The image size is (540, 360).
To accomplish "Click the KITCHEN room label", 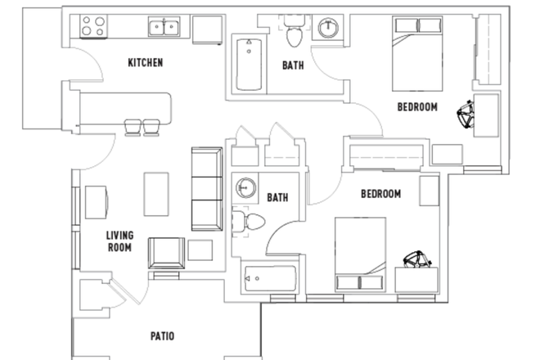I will (146, 62).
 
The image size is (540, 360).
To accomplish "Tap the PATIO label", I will (161, 335).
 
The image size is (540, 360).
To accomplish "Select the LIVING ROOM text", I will (119, 241).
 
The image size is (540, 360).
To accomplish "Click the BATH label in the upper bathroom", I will (293, 65).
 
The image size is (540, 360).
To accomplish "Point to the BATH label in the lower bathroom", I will (277, 197).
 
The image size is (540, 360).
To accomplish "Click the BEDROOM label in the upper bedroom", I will (416, 106).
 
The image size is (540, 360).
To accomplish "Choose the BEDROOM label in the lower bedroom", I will (380, 194).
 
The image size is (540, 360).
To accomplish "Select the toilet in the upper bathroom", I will (294, 34).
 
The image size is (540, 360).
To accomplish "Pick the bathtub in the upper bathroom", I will (250, 65).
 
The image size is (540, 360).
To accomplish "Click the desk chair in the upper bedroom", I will (466, 114).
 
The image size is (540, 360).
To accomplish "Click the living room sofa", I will (206, 189).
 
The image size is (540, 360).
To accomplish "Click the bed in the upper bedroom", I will (419, 54).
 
